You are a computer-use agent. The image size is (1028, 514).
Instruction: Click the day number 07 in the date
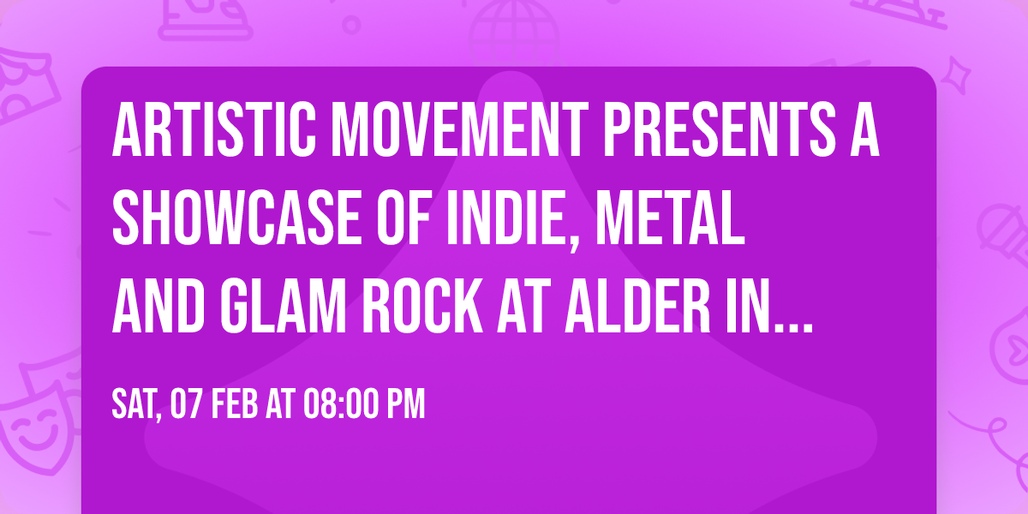click(x=188, y=405)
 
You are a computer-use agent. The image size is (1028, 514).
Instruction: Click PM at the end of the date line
click(x=406, y=405)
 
